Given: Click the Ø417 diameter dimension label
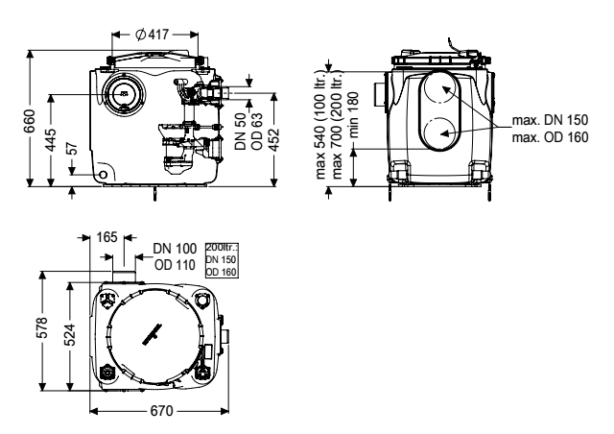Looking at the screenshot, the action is pos(152,35).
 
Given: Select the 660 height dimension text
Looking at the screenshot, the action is pos(30,121).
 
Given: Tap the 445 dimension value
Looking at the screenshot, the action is pos(50,139).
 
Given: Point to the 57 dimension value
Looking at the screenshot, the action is pos(73,149).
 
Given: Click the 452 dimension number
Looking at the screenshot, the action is pos(274,139).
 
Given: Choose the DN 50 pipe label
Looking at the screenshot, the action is pos(241,131).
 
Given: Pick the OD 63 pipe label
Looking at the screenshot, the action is pos(257,131).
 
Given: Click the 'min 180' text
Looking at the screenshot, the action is pos(353,114).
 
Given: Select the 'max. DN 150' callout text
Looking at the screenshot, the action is pos(550,120).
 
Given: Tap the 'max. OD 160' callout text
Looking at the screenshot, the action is pos(550,137).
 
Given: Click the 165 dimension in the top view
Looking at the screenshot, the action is pos(106,237).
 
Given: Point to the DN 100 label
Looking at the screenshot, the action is pos(175,249).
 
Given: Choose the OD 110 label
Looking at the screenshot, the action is pos(175,265).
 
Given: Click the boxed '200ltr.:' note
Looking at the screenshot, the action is pos(222,248).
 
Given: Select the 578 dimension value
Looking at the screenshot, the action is pos(41,327).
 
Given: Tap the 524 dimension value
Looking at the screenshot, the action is pos(69,334).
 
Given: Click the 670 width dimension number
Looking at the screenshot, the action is pos(161,411).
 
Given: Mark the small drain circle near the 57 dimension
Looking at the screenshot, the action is pos(104,175).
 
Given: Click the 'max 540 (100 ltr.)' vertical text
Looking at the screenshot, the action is pos(320,125).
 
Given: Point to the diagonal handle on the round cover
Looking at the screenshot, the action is pos(153,334).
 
